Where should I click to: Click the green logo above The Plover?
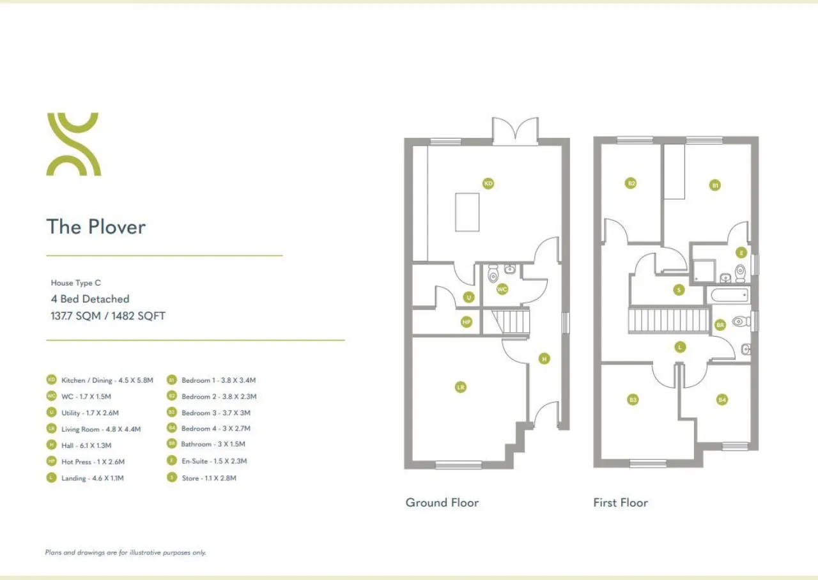point(73,144)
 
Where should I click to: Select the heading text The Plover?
point(96,227)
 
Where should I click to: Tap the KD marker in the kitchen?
point(488,184)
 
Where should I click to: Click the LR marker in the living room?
point(460,387)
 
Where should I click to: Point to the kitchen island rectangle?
point(467,211)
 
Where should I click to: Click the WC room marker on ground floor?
point(502,289)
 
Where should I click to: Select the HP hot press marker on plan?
point(467,323)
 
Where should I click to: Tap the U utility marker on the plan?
point(468,297)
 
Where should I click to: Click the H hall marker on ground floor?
point(544,359)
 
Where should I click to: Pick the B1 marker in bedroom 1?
point(715,185)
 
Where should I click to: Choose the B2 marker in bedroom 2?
point(631,183)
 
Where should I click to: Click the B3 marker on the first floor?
point(633,400)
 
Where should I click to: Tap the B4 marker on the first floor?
point(722,400)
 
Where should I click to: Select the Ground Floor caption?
point(442,503)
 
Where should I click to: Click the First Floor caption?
point(620,503)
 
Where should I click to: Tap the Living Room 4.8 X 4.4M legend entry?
point(101,429)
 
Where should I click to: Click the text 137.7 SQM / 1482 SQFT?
point(108,316)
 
